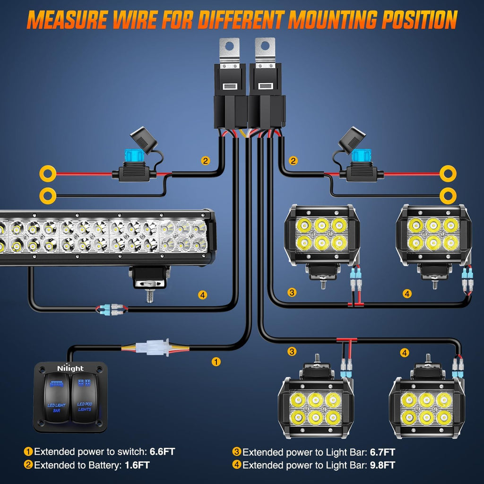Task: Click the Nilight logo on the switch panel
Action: [70, 368]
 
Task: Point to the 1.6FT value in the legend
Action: [137, 465]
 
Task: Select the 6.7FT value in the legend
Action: [382, 451]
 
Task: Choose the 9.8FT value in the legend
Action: [382, 465]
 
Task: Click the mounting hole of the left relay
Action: [230, 47]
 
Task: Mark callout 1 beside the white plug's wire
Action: [216, 362]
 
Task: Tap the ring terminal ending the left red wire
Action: [47, 174]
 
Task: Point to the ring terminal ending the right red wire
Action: [448, 174]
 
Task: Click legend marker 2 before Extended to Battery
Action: [28, 465]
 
